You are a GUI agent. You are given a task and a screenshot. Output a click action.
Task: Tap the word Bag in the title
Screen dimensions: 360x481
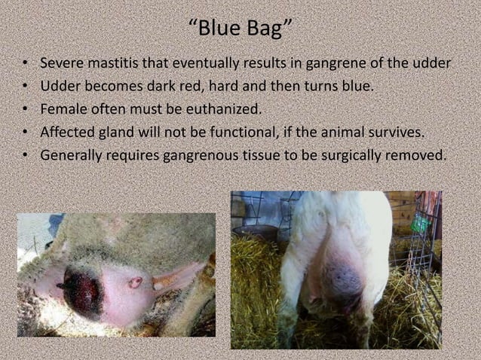(x=266, y=32)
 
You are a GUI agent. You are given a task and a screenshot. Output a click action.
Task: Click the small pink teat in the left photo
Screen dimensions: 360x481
(x=135, y=282)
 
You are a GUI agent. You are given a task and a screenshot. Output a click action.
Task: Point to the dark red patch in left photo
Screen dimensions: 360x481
(x=83, y=290)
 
